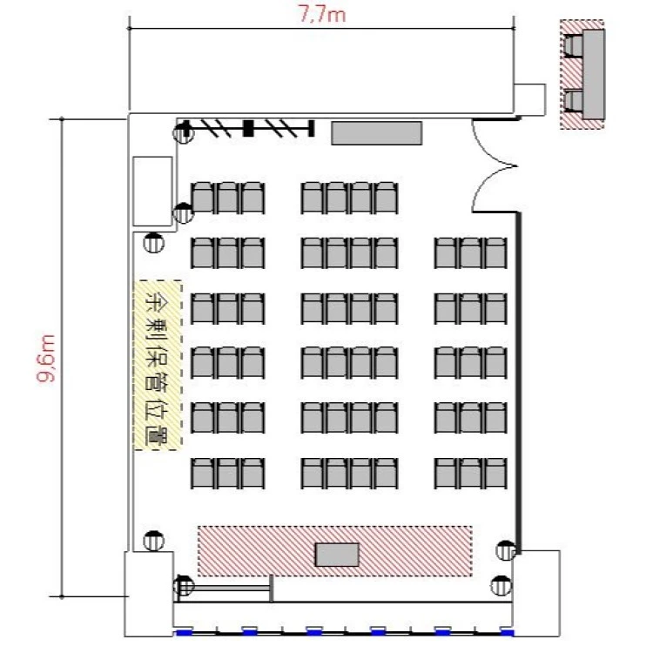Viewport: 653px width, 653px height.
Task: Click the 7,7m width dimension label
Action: click(322, 15)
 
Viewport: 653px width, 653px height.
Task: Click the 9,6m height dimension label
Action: click(45, 358)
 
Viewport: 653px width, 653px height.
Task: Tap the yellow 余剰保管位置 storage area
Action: click(158, 365)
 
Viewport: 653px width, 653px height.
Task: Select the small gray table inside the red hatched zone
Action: click(337, 555)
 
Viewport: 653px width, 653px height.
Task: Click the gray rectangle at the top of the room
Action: click(376, 133)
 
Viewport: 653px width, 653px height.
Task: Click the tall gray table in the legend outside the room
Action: click(594, 74)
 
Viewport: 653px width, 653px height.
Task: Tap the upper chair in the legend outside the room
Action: click(574, 46)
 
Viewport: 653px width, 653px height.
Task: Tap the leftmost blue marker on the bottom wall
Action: click(185, 633)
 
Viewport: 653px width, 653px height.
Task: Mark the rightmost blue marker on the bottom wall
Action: click(507, 633)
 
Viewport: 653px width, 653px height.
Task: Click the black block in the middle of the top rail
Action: click(248, 128)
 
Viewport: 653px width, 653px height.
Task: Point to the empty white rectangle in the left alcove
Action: click(152, 192)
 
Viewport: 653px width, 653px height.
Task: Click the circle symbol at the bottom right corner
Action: click(501, 586)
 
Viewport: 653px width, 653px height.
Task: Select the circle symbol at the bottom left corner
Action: click(183, 585)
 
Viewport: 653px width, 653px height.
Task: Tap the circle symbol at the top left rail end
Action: click(183, 133)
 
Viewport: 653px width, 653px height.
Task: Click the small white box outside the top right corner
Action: click(529, 100)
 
